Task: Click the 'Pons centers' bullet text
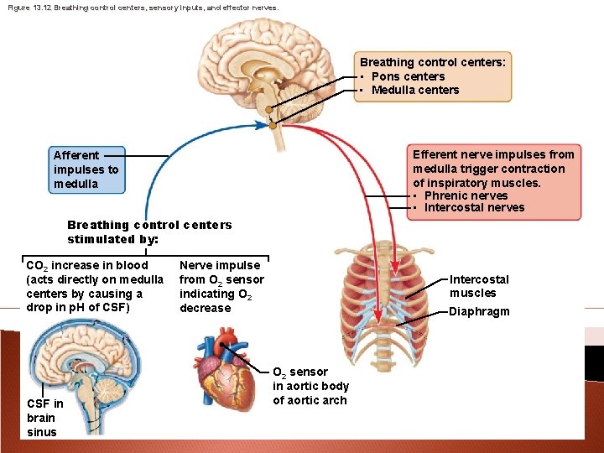[x=408, y=76]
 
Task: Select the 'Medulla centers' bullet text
[x=414, y=90]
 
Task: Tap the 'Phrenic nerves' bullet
[x=466, y=195]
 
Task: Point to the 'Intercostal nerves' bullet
[x=474, y=208]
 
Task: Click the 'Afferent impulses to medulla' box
[x=86, y=169]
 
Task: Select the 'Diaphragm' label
[x=479, y=311]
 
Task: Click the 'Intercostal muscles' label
[x=479, y=286]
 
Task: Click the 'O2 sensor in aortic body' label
[x=310, y=386]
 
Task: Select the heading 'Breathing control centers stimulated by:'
[x=149, y=232]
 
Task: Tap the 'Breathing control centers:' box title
[x=432, y=62]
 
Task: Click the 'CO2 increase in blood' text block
[x=94, y=286]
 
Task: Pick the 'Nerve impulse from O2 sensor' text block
[x=221, y=286]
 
